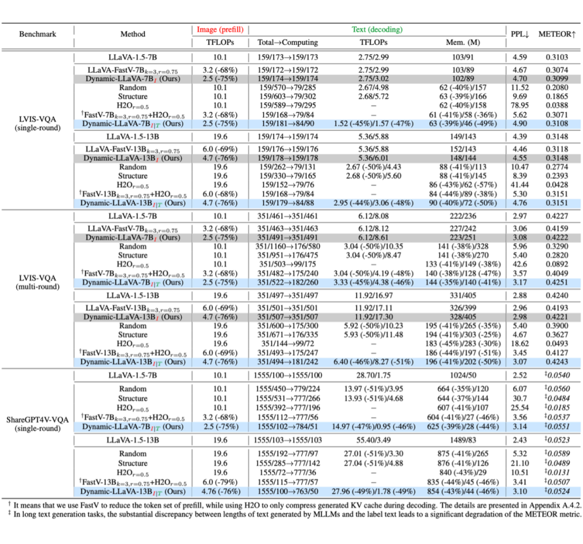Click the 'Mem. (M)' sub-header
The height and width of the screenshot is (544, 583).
459,42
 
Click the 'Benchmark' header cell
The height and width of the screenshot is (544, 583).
37,34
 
